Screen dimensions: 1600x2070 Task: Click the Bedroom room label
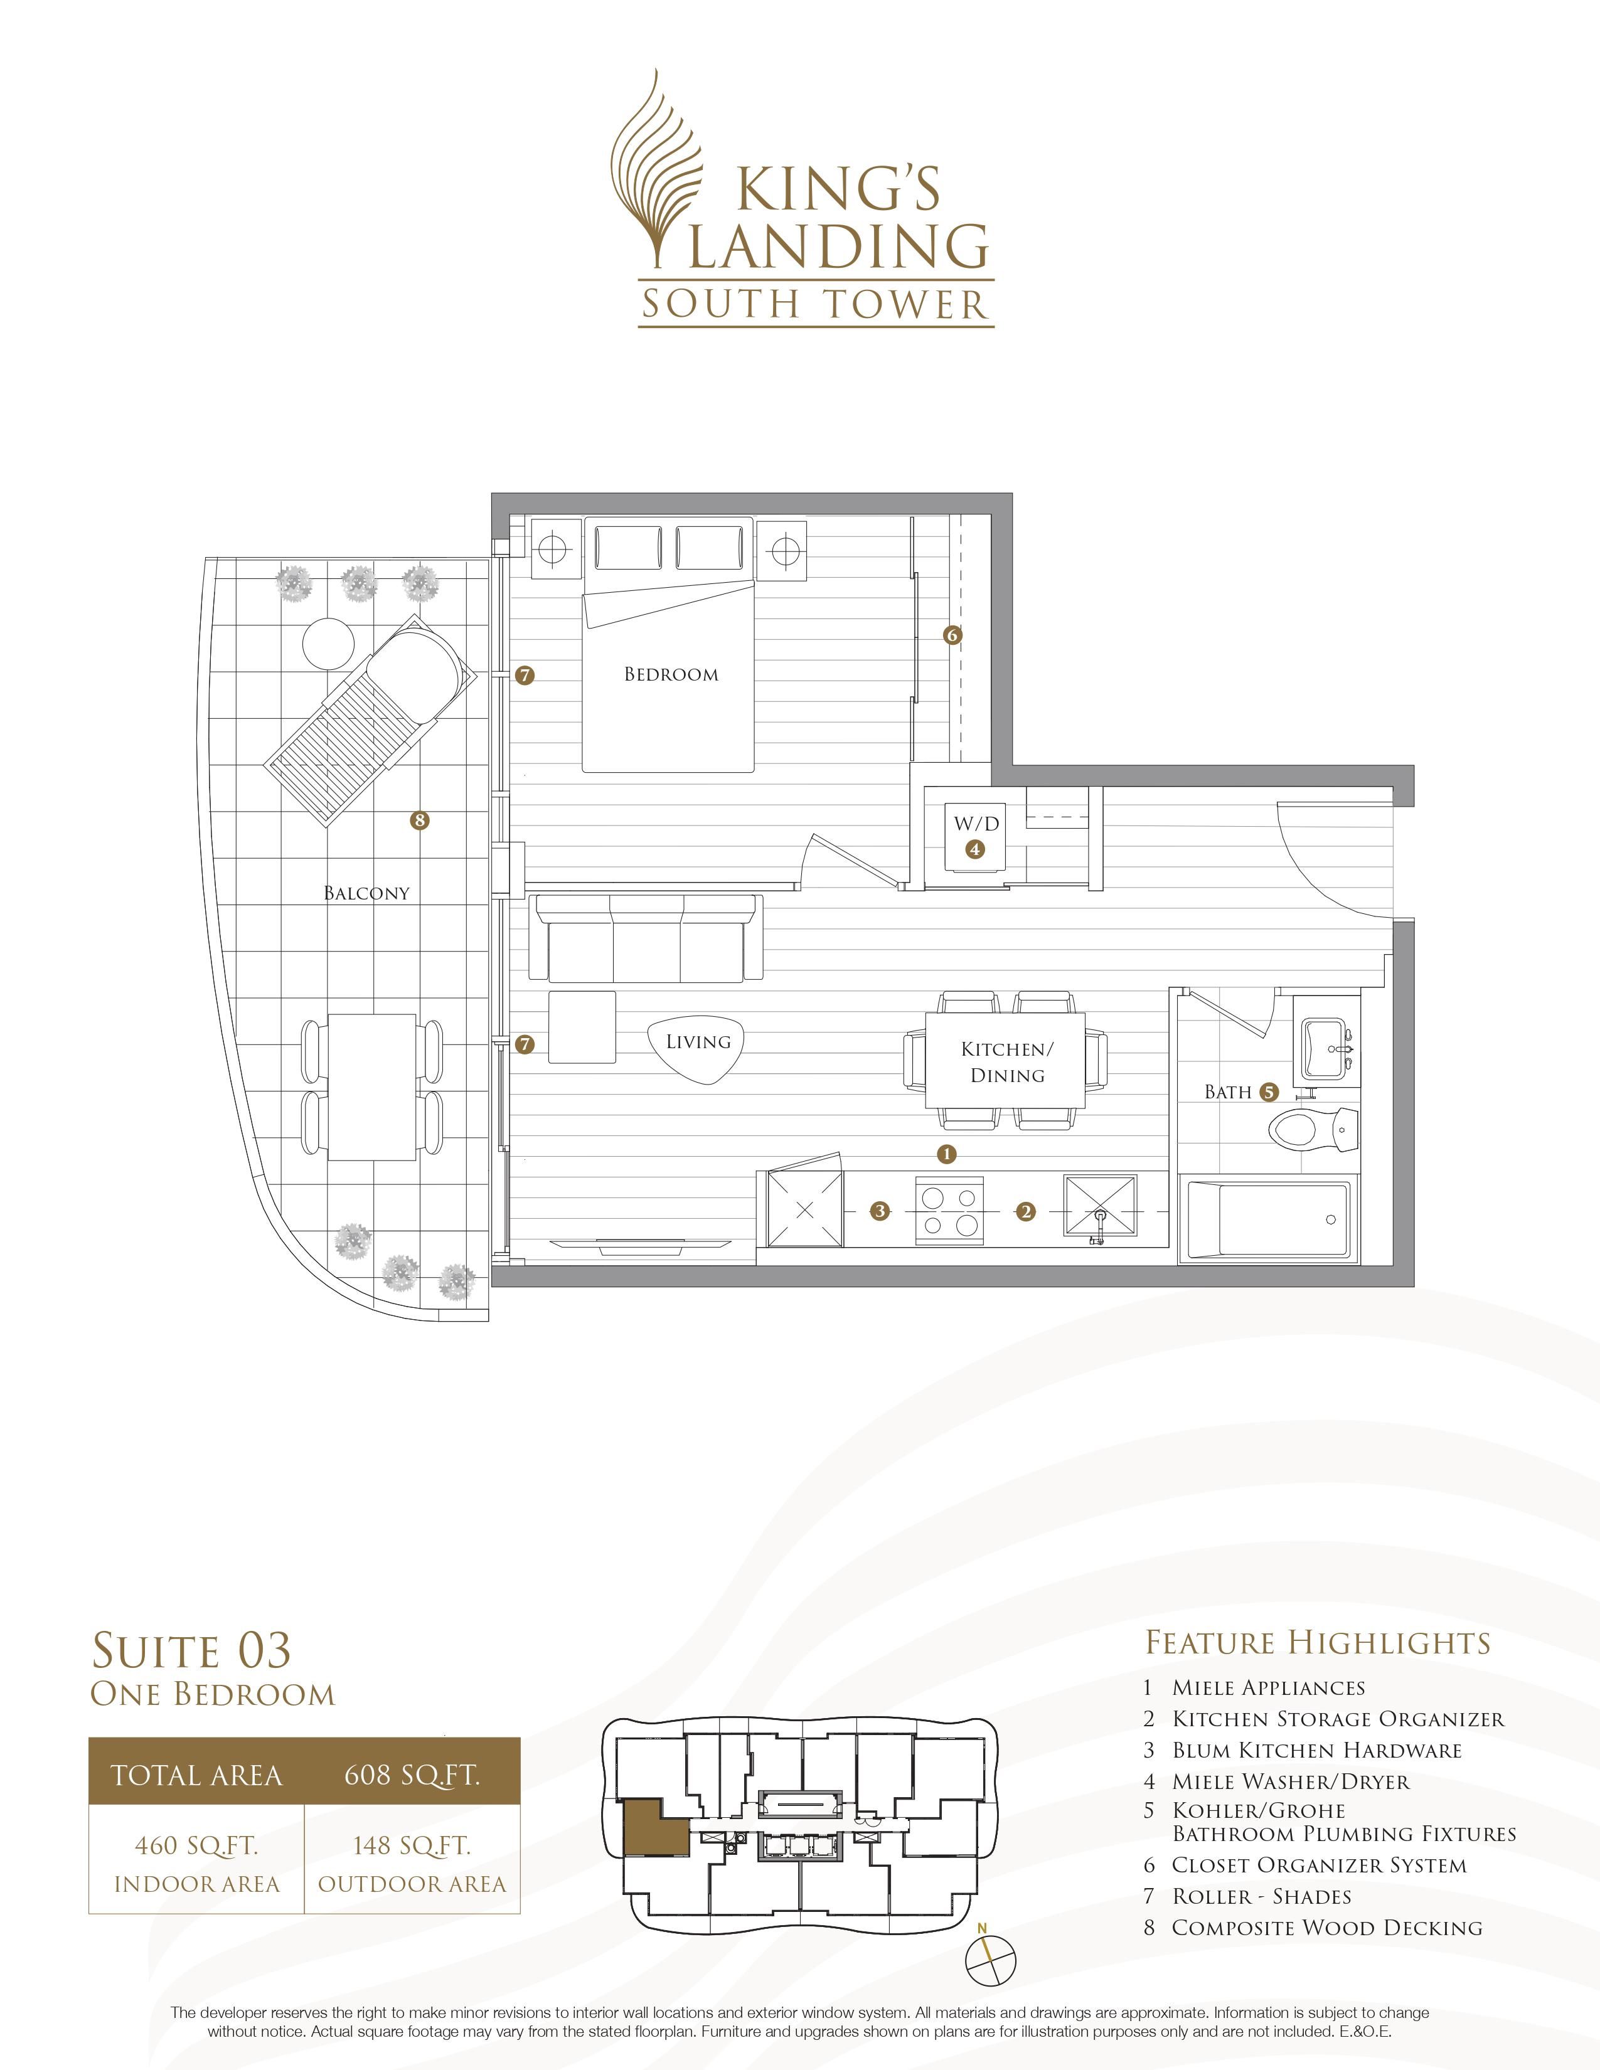[x=671, y=675]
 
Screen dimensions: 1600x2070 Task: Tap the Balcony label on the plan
[x=367, y=893]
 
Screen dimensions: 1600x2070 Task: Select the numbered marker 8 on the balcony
[x=419, y=820]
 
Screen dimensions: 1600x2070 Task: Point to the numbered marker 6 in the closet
[x=952, y=635]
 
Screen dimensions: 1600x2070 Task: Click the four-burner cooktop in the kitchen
[x=951, y=1211]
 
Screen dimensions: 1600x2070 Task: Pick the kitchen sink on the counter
[x=1099, y=1209]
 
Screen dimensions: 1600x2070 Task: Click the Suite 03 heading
[x=191, y=1650]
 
